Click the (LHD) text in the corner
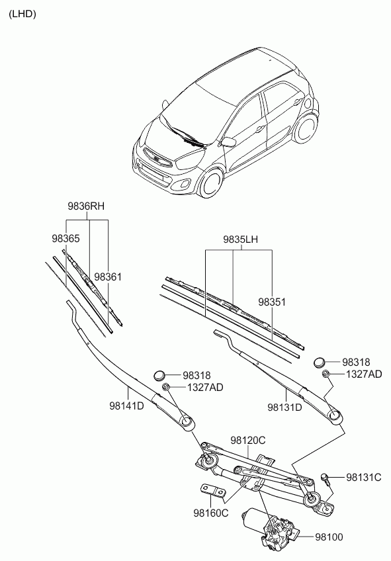22,14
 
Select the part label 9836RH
86,206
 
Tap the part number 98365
65,239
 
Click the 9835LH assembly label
240,239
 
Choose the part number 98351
272,302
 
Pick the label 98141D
126,406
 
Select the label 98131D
284,407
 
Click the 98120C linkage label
248,441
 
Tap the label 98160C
211,513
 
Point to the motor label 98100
329,537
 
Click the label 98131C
363,477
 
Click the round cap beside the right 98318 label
320,362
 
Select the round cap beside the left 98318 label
159,375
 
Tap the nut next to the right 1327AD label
326,374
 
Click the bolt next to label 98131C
326,478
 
